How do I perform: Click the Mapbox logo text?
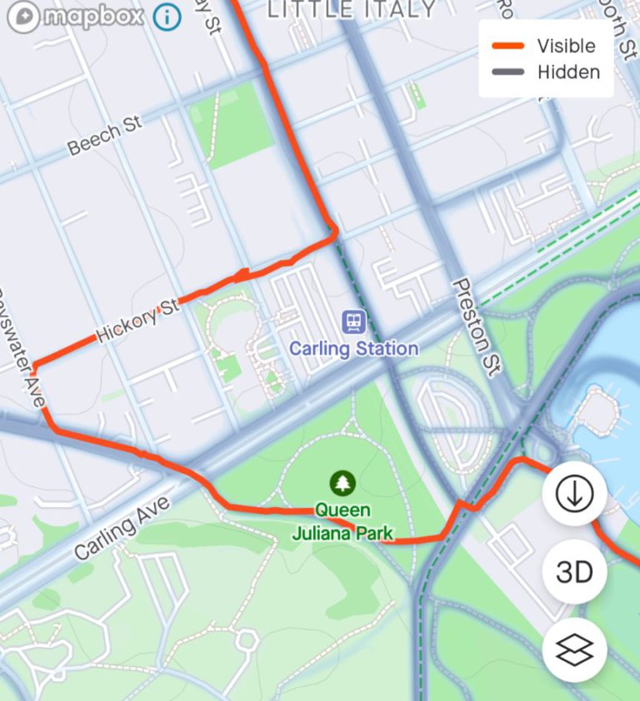[92, 17]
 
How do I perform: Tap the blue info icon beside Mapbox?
[167, 17]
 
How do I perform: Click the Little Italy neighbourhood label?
[351, 9]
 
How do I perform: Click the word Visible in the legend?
[566, 46]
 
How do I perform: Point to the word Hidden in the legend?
[568, 72]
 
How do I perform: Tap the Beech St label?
[105, 136]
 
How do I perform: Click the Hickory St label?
[137, 321]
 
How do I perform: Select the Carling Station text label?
[354, 348]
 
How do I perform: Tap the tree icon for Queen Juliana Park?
[342, 482]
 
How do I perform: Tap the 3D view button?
[574, 572]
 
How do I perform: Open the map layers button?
[574, 650]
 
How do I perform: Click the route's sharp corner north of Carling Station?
[335, 235]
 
